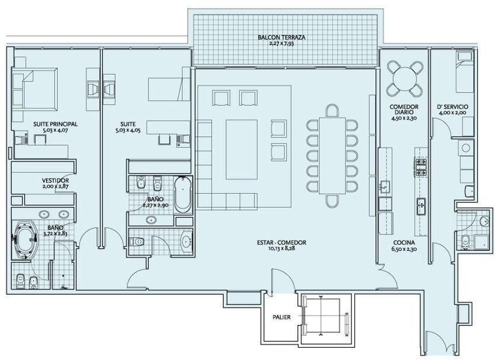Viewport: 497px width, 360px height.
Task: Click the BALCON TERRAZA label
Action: pos(281,37)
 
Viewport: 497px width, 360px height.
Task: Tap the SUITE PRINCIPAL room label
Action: pos(55,124)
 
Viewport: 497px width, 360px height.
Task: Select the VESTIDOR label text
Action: pos(55,180)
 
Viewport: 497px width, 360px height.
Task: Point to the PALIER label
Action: pos(281,317)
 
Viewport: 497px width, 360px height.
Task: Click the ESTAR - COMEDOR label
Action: pos(281,243)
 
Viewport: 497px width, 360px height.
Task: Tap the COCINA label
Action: pos(404,243)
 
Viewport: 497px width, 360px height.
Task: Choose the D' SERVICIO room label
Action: pos(452,107)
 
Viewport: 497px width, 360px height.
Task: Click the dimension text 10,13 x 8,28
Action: pos(281,249)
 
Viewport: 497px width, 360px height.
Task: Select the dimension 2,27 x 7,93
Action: pos(281,43)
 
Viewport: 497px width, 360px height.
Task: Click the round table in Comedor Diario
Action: pos(405,79)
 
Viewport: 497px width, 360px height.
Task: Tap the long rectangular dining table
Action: pos(332,155)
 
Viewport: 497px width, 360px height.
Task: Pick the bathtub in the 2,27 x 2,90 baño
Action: pos(183,195)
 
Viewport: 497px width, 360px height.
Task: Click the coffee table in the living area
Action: pos(242,149)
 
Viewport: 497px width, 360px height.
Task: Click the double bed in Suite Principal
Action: pos(35,90)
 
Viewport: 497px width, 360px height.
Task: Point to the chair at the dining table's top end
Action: pos(332,110)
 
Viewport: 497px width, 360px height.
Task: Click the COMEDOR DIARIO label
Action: pos(404,110)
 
